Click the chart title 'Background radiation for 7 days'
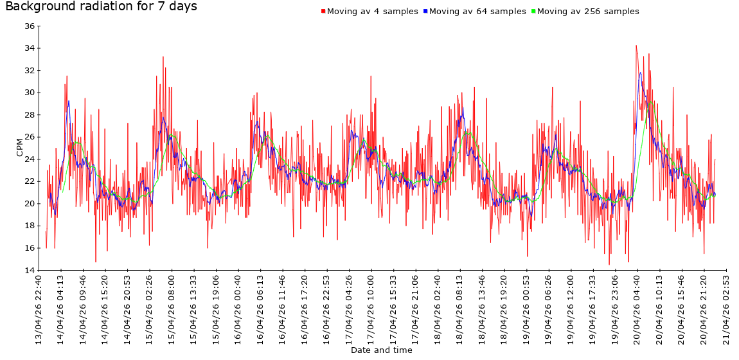point(101,7)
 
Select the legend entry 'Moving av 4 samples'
point(373,12)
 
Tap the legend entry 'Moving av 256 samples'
point(588,12)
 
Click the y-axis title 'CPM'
point(20,148)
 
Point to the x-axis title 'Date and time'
point(382,350)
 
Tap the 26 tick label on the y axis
point(30,137)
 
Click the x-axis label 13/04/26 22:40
point(39,309)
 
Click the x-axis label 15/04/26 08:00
point(172,309)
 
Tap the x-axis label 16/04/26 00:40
point(239,309)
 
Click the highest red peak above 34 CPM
point(636,46)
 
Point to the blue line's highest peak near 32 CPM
point(640,73)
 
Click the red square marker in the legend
point(323,12)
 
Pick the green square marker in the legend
point(533,12)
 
